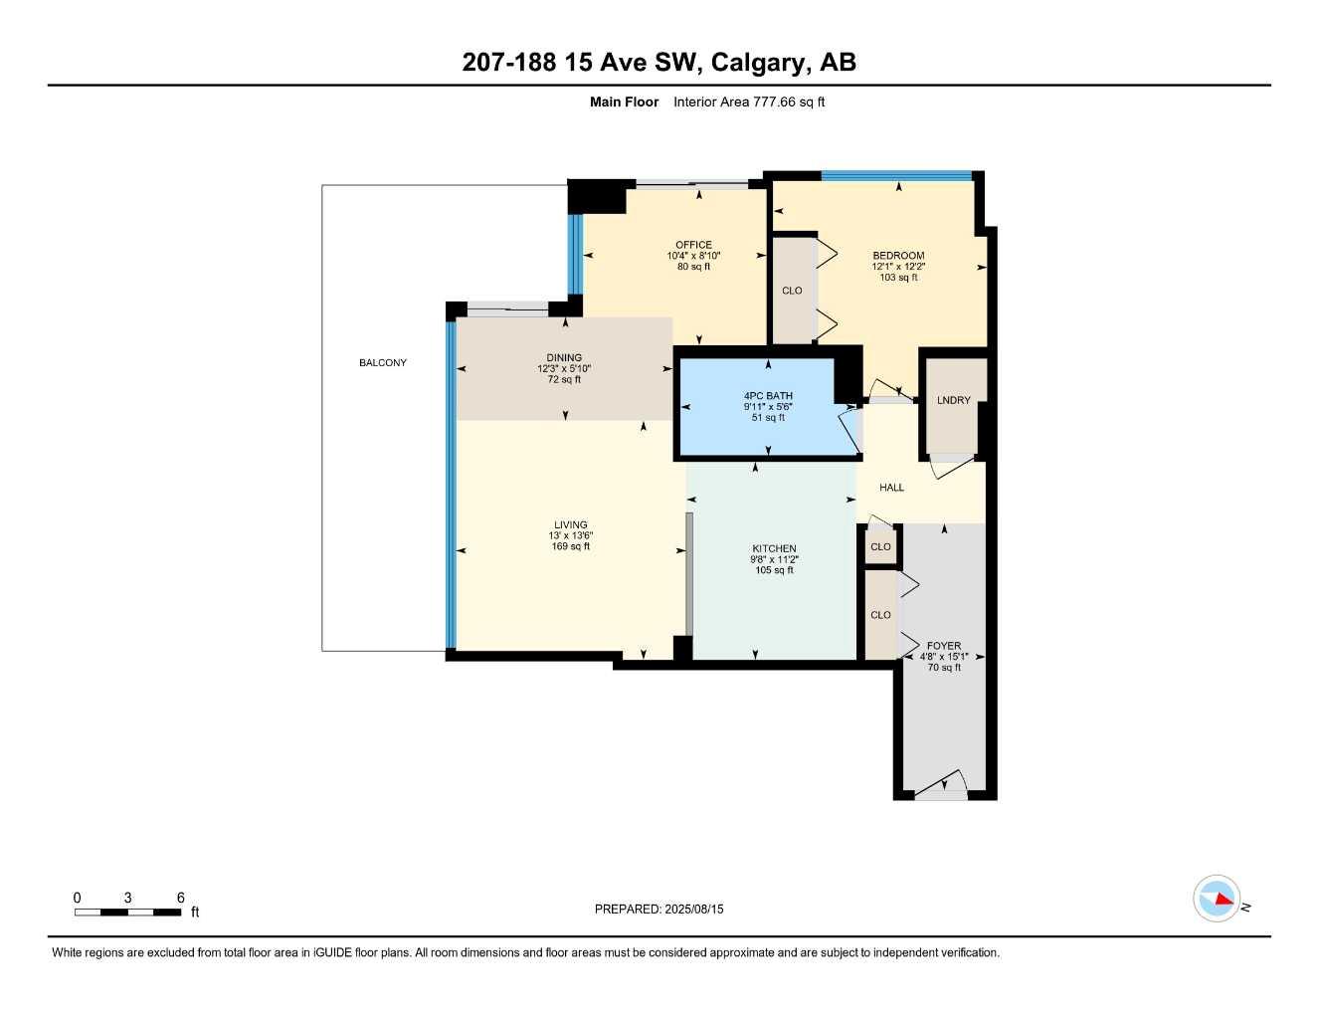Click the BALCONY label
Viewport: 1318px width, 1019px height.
click(383, 363)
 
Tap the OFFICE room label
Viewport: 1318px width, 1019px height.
click(693, 245)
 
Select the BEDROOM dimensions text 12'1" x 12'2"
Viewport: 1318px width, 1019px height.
click(898, 267)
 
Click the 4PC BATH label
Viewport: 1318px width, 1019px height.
click(768, 396)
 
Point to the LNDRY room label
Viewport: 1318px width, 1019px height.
click(953, 400)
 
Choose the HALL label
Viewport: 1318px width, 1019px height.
click(892, 488)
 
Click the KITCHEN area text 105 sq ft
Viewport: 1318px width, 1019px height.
click(774, 570)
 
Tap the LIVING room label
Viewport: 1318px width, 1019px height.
click(571, 524)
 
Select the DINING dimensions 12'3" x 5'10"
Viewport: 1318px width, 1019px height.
click(564, 368)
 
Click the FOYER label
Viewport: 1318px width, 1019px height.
click(944, 646)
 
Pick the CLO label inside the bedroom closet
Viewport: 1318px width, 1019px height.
click(792, 291)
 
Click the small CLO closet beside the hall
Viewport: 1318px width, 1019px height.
click(880, 546)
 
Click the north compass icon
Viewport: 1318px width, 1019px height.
click(1218, 899)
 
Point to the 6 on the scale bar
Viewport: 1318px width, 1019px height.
click(181, 898)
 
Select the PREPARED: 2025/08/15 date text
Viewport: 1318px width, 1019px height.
click(659, 909)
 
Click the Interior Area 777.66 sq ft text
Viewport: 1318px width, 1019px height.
click(749, 102)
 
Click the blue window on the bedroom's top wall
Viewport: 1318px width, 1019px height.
click(896, 176)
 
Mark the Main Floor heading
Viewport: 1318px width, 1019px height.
click(624, 102)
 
